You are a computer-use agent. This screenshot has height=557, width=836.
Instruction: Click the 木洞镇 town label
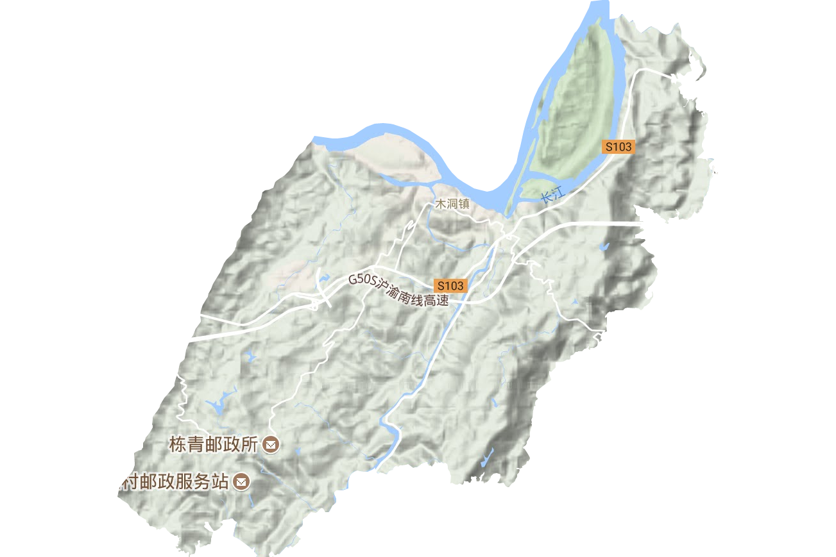pyautogui.click(x=452, y=204)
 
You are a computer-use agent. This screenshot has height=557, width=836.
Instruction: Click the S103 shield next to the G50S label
pyautogui.click(x=450, y=285)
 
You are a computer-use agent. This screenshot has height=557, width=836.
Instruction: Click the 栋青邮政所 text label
pyautogui.click(x=214, y=444)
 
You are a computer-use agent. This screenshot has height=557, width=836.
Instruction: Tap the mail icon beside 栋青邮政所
pyautogui.click(x=271, y=444)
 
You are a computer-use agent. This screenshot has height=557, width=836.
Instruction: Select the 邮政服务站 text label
pyautogui.click(x=173, y=482)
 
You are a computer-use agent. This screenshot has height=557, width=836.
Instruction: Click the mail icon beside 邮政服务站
pyautogui.click(x=242, y=481)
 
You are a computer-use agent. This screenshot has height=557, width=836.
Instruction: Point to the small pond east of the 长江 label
pyautogui.click(x=602, y=246)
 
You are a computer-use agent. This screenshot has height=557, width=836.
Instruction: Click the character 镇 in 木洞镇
pyautogui.click(x=464, y=204)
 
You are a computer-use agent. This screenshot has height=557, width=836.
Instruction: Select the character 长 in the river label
pyautogui.click(x=547, y=197)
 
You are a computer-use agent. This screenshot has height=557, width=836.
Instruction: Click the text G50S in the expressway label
pyautogui.click(x=361, y=281)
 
